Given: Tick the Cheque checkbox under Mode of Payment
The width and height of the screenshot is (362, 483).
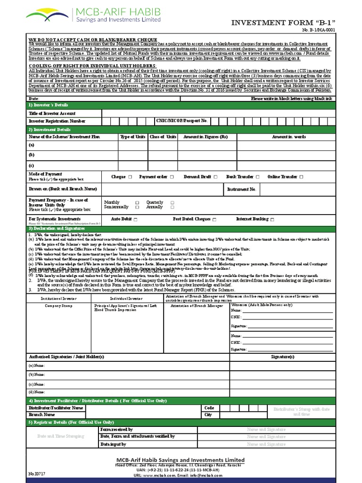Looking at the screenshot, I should click(130, 177).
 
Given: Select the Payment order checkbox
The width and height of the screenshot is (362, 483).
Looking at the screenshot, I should click(172, 177).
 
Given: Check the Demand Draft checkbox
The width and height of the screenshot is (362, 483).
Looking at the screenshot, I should click(215, 177).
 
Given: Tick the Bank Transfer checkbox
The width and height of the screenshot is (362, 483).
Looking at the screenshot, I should click(257, 177).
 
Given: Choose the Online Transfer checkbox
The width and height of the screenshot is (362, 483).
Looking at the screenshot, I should click(301, 177).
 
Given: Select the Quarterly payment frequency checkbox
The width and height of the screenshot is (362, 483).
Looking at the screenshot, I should click(172, 202).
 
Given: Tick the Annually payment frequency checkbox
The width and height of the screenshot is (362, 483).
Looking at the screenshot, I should click(172, 207).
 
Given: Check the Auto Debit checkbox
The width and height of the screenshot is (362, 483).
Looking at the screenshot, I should click(136, 220).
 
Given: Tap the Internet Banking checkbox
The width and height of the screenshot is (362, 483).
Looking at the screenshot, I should click(272, 219).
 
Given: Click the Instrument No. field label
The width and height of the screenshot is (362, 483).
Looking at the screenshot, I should click(241, 189).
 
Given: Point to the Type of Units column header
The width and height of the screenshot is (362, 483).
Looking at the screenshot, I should click(133, 137).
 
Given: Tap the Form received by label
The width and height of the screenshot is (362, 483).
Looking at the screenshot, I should click(116, 430).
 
